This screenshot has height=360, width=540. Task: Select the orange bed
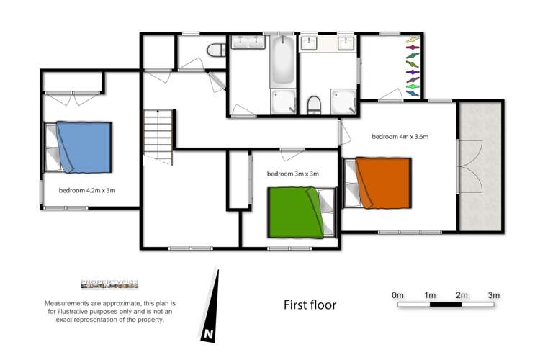click(382, 182)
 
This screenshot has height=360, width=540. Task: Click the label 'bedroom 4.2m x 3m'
click(87, 191)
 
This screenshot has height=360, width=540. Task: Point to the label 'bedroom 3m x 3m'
click(292, 174)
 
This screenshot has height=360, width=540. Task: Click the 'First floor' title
click(310, 305)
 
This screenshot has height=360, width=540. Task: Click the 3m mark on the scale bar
click(494, 295)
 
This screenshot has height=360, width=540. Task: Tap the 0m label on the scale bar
click(397, 295)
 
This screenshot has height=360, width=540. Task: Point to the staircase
click(158, 137)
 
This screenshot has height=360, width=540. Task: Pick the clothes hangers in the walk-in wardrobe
click(411, 65)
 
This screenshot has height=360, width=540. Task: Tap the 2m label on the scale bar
click(462, 295)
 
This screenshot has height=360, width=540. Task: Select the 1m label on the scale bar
click(430, 295)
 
